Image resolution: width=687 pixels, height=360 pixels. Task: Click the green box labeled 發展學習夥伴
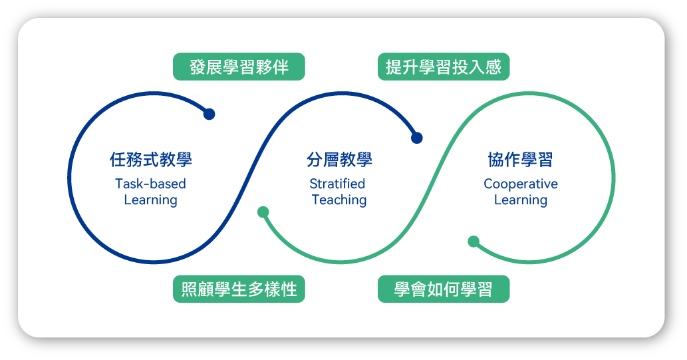(x=239, y=67)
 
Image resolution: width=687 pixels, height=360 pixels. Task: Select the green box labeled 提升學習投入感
(x=444, y=67)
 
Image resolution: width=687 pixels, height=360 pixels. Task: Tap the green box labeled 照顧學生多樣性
(x=239, y=289)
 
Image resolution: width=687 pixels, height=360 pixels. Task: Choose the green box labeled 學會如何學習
(x=444, y=289)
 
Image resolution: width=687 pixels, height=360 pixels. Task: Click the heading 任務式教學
(x=150, y=160)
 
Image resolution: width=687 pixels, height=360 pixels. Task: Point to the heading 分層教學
(x=339, y=160)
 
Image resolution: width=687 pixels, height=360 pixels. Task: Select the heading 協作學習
(x=521, y=160)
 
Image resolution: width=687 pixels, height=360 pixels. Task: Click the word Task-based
(x=150, y=184)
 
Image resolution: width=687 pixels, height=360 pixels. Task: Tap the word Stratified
(x=338, y=184)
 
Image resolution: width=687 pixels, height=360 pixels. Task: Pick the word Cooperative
(x=521, y=184)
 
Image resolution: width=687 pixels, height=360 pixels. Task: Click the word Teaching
(x=339, y=200)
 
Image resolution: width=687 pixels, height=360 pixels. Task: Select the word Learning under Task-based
(x=150, y=200)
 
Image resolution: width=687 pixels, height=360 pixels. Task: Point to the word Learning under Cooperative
(x=521, y=200)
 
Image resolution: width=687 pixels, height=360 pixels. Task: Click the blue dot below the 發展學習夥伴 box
(x=209, y=114)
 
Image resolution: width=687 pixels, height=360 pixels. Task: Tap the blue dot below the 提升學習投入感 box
(x=417, y=138)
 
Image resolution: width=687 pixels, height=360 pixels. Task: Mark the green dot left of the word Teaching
(x=263, y=212)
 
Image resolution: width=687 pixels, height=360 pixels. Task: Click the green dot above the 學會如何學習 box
(x=474, y=242)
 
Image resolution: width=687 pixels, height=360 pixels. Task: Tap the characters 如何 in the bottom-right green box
(x=444, y=289)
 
